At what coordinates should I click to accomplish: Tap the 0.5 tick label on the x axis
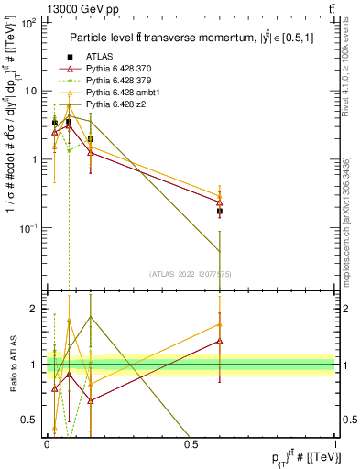[x=191, y=442]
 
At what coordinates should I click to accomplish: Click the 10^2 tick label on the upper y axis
[x=29, y=23]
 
